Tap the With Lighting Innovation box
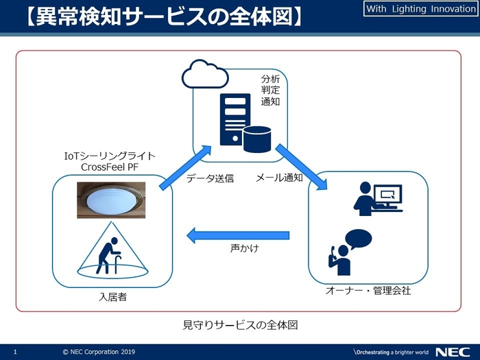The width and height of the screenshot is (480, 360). (419, 10)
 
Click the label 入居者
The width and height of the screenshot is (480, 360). (111, 297)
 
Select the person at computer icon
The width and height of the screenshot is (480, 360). (376, 201)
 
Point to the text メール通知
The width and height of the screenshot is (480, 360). (279, 178)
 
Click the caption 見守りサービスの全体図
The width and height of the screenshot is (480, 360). (239, 323)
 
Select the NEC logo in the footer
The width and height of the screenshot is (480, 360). (451, 351)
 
